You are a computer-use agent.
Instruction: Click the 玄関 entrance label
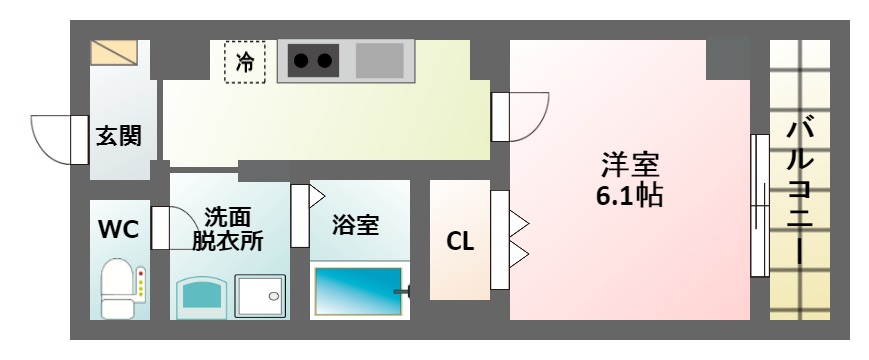pyautogui.click(x=118, y=136)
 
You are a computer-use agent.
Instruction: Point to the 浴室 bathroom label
pyautogui.click(x=355, y=225)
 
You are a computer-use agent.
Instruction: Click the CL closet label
pyautogui.click(x=459, y=242)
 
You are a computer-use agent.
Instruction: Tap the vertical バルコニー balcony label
pyautogui.click(x=799, y=190)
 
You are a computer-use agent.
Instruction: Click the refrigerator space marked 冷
pyautogui.click(x=245, y=61)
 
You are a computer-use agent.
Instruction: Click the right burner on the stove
pyautogui.click(x=325, y=61)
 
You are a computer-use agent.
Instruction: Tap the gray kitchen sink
pyautogui.click(x=380, y=61)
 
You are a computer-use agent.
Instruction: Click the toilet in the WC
pyautogui.click(x=117, y=287)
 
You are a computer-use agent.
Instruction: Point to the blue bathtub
pyautogui.click(x=356, y=292)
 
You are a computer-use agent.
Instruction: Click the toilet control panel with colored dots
pyautogui.click(x=141, y=284)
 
